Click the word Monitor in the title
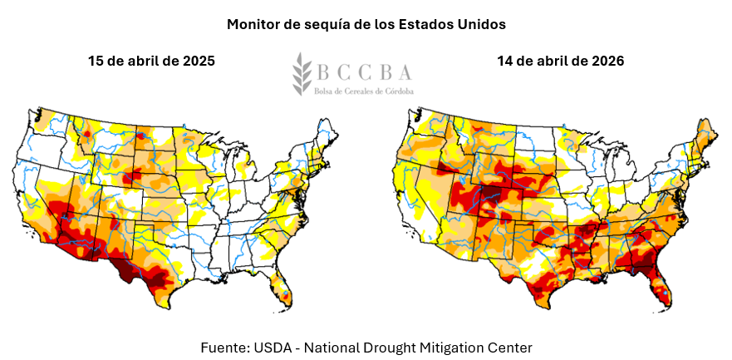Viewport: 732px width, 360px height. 253,25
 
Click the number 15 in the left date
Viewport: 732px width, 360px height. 97,62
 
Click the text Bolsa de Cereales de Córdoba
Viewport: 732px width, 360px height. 363,89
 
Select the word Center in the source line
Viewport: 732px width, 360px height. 508,346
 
